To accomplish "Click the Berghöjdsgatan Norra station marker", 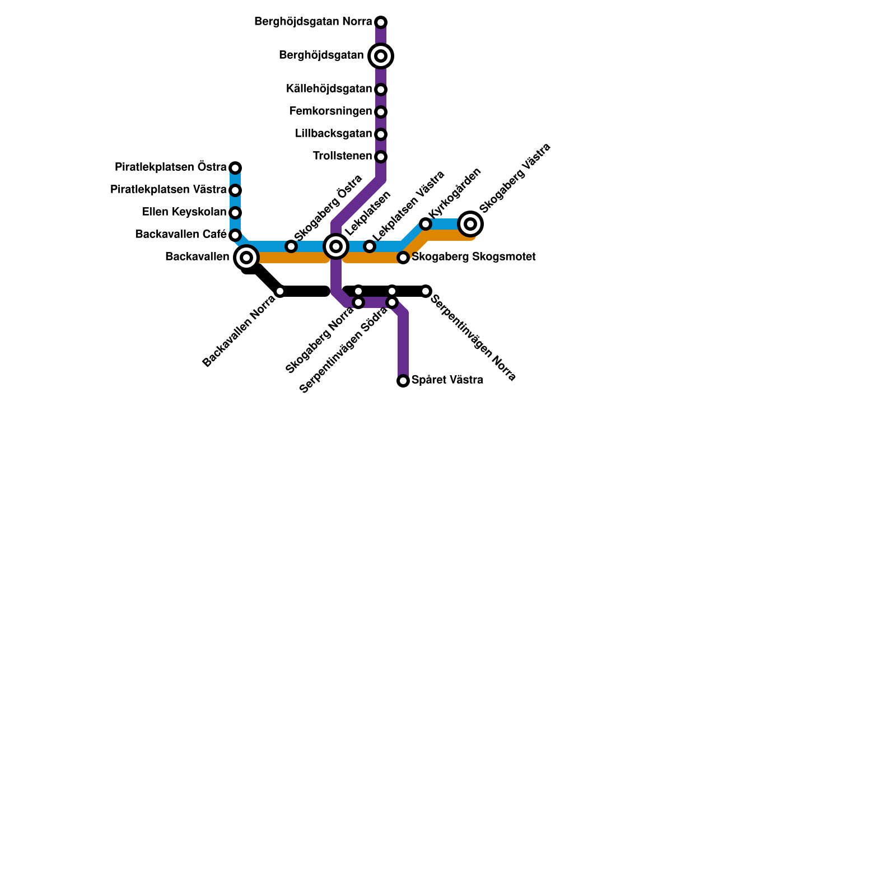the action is click(381, 22).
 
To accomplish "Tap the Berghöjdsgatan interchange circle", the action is click(381, 56).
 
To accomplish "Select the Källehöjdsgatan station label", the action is click(329, 89).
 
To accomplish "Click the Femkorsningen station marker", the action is click(381, 112).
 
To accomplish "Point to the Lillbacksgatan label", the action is click(333, 134).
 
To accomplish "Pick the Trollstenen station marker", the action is click(381, 157).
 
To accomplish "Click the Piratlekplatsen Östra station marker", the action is click(235, 168).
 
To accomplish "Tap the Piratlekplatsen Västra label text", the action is click(168, 190).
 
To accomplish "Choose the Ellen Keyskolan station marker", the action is click(235, 213).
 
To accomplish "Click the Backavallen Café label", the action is click(180, 235).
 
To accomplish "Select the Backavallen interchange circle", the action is click(246, 258).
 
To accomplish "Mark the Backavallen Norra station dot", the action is click(280, 291).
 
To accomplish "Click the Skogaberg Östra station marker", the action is click(291, 246).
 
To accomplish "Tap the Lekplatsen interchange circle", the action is click(336, 246).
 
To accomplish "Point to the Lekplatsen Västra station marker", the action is click(370, 246).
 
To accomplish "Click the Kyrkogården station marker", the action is click(426, 224).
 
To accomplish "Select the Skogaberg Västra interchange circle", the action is click(470, 224).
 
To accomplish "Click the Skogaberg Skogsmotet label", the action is click(474, 257).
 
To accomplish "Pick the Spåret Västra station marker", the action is click(403, 381).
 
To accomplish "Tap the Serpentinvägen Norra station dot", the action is click(426, 291).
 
